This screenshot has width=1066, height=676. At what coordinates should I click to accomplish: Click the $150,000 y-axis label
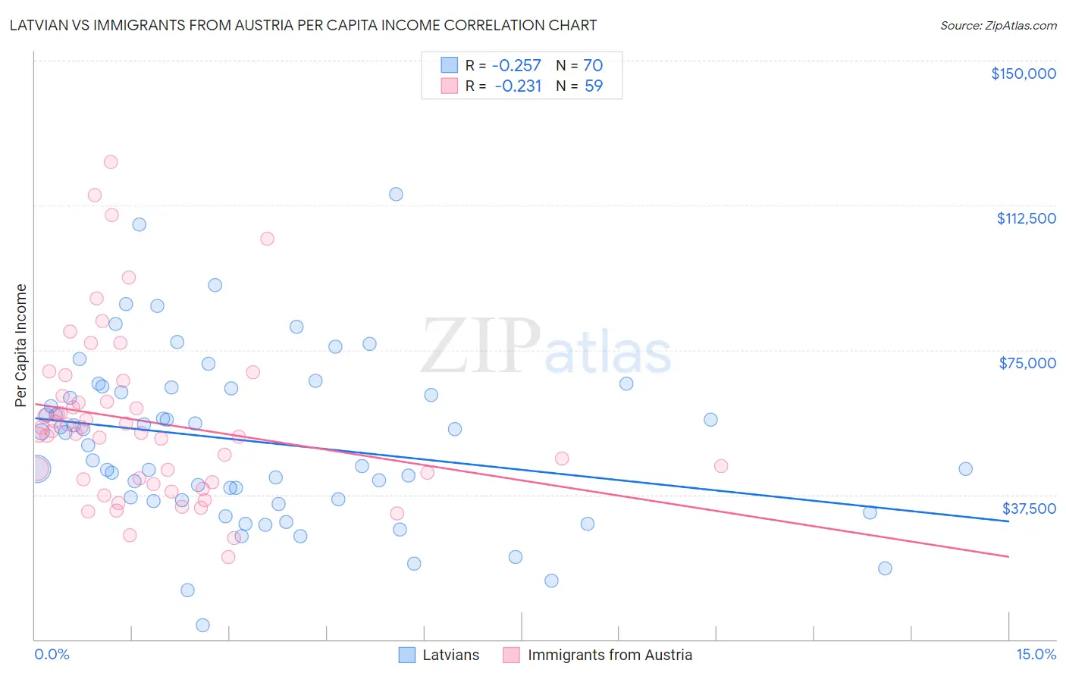point(1023,74)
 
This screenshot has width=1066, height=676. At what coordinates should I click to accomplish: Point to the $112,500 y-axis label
point(1026,218)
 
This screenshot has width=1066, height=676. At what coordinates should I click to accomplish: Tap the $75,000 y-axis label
point(1027,363)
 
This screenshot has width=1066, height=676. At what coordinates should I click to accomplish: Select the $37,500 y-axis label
point(1029,509)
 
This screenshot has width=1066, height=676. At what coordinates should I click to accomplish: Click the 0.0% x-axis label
point(52,655)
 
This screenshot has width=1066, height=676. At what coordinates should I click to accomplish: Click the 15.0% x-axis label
point(1036,655)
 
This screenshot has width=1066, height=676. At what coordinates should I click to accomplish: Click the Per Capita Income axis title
point(21,345)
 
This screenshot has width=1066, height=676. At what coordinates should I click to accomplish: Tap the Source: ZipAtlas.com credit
point(998,25)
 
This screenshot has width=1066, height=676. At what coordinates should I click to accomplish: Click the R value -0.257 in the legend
point(516,66)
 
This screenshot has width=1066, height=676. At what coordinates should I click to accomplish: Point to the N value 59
point(594,86)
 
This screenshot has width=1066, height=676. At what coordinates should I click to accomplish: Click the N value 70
point(593,66)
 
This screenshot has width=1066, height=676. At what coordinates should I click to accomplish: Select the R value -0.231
point(518,86)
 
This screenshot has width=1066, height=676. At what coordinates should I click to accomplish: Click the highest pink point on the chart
point(111,161)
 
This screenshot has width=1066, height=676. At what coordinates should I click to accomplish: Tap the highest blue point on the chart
point(396,194)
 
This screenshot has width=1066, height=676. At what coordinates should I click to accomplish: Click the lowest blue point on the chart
point(202,625)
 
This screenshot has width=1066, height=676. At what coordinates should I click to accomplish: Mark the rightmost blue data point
point(965,469)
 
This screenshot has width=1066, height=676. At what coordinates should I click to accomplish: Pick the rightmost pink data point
point(721,466)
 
